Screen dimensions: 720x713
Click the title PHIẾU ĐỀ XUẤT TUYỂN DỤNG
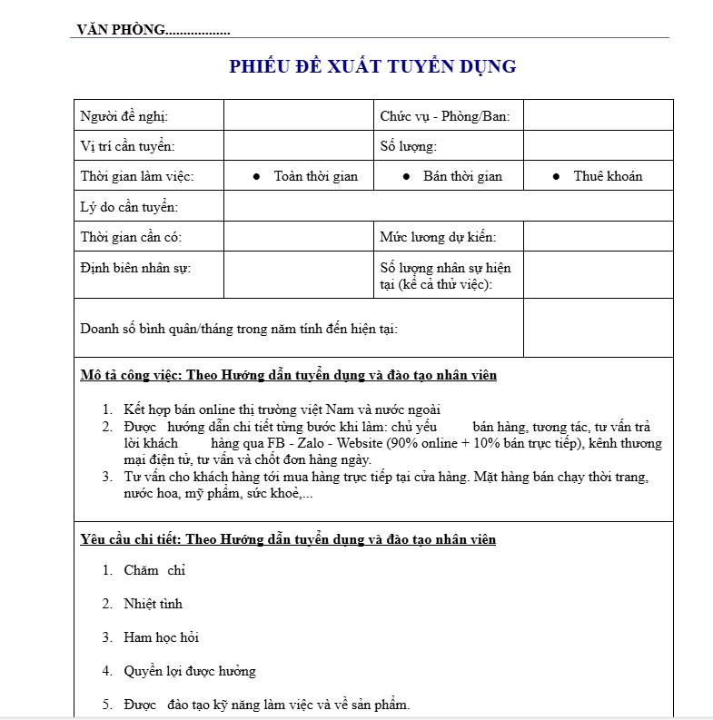[372, 66]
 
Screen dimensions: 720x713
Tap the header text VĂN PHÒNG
[122, 30]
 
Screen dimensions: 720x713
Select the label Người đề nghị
[124, 116]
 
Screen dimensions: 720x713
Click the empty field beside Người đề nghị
[299, 116]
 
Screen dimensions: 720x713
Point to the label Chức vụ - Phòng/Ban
[445, 116]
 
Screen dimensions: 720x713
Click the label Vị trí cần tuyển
[128, 146]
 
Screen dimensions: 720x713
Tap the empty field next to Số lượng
[598, 146]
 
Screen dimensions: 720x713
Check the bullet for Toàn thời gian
[257, 176]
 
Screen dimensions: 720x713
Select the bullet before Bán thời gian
[406, 176]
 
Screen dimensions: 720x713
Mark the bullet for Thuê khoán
[556, 176]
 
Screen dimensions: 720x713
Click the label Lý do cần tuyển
[129, 207]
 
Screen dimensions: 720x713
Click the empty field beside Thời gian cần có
[299, 237]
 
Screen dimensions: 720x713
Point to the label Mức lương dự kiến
[439, 237]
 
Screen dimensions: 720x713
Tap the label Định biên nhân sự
[136, 268]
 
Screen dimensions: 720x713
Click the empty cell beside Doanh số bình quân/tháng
[598, 328]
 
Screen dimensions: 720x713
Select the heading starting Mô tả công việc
[289, 375]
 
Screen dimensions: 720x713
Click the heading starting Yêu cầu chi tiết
[289, 539]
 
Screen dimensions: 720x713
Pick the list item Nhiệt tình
[153, 604]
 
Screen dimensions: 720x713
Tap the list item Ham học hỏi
[162, 637]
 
